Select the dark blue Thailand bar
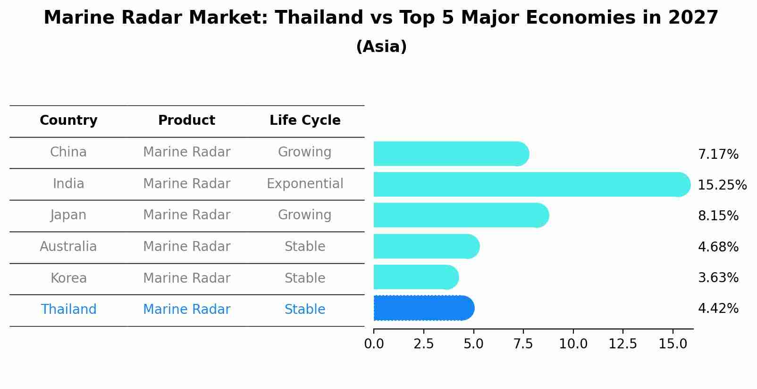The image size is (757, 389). coord(423,308)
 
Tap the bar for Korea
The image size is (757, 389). coord(415,277)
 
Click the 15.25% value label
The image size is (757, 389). coord(722,185)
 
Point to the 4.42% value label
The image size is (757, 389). coord(718,309)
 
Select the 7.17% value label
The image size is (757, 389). coord(718,154)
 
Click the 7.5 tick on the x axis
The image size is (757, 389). coord(523,344)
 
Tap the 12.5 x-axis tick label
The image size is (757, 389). coord(622,344)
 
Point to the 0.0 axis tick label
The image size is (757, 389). coord(374,344)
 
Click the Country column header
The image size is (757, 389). coord(68,121)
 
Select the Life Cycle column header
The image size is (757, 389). coord(305,121)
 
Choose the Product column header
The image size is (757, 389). coord(186,121)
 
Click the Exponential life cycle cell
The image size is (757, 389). coord(305,183)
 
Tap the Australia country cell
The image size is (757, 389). coord(68,246)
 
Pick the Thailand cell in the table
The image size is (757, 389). coord(68,309)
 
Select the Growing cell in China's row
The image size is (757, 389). coord(305,152)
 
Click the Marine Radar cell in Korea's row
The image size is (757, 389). coord(186,278)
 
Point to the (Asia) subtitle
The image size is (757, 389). coord(381,47)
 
